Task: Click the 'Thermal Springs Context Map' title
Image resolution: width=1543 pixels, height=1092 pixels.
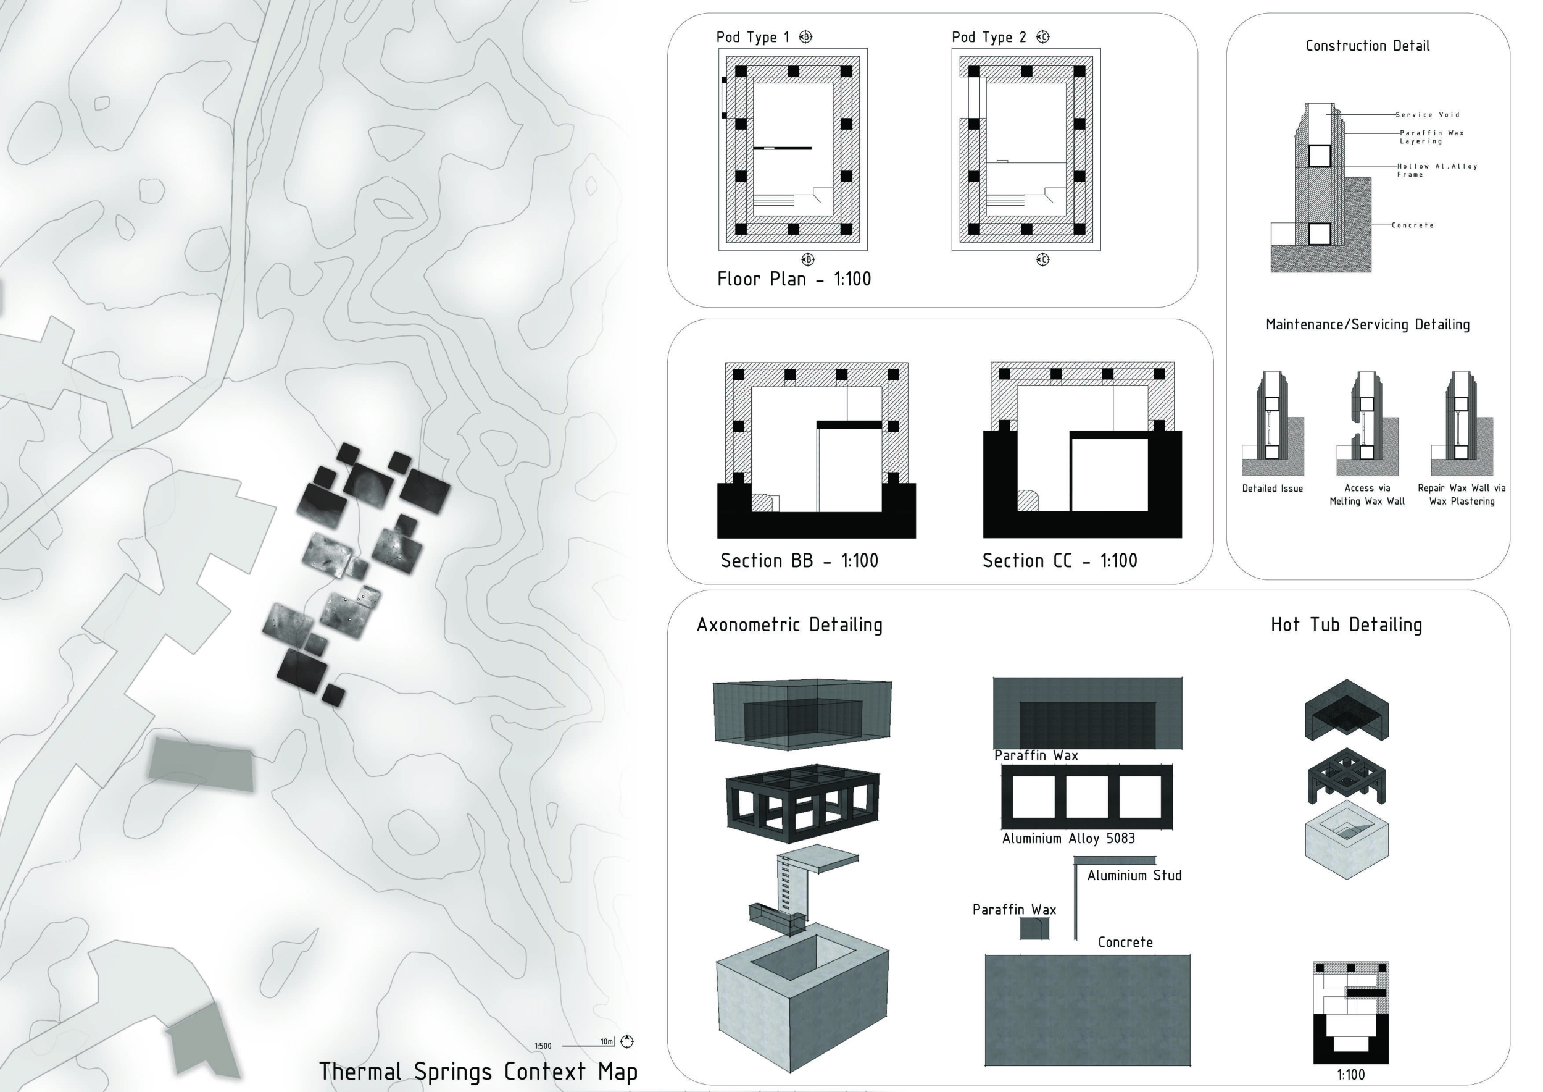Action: click(x=478, y=1071)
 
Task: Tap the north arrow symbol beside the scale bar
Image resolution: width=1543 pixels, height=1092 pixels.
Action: click(x=627, y=1041)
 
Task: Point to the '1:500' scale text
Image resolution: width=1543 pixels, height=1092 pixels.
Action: click(x=543, y=1046)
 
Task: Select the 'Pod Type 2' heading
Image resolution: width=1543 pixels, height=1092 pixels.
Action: click(x=989, y=38)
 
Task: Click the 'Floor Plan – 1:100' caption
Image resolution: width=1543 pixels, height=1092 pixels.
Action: click(x=794, y=279)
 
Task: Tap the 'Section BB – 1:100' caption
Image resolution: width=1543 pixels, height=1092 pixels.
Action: click(x=799, y=561)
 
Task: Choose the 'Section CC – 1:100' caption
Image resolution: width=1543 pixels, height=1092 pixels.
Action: click(x=1060, y=561)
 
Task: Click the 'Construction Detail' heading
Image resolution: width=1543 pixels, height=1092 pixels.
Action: click(x=1368, y=46)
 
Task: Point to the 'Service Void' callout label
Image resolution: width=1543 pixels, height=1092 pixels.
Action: click(x=1428, y=115)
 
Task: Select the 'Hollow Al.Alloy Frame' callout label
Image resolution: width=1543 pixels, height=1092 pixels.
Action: click(x=1437, y=170)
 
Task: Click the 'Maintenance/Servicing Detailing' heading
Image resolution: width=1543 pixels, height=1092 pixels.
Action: click(x=1368, y=325)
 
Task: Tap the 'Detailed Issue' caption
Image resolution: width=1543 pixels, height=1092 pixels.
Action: click(x=1272, y=489)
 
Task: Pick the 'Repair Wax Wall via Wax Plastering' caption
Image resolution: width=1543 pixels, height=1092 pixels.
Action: click(x=1462, y=494)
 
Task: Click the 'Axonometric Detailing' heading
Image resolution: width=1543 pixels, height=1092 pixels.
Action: click(x=789, y=624)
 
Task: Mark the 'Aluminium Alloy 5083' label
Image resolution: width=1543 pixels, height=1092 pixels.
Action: click(x=1068, y=839)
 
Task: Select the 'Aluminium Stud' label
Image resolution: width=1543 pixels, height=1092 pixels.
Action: click(x=1134, y=875)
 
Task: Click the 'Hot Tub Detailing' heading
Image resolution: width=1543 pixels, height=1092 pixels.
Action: click(x=1346, y=624)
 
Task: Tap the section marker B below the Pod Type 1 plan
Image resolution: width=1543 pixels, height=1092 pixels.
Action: click(x=809, y=259)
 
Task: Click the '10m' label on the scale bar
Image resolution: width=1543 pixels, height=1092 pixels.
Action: click(x=607, y=1041)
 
